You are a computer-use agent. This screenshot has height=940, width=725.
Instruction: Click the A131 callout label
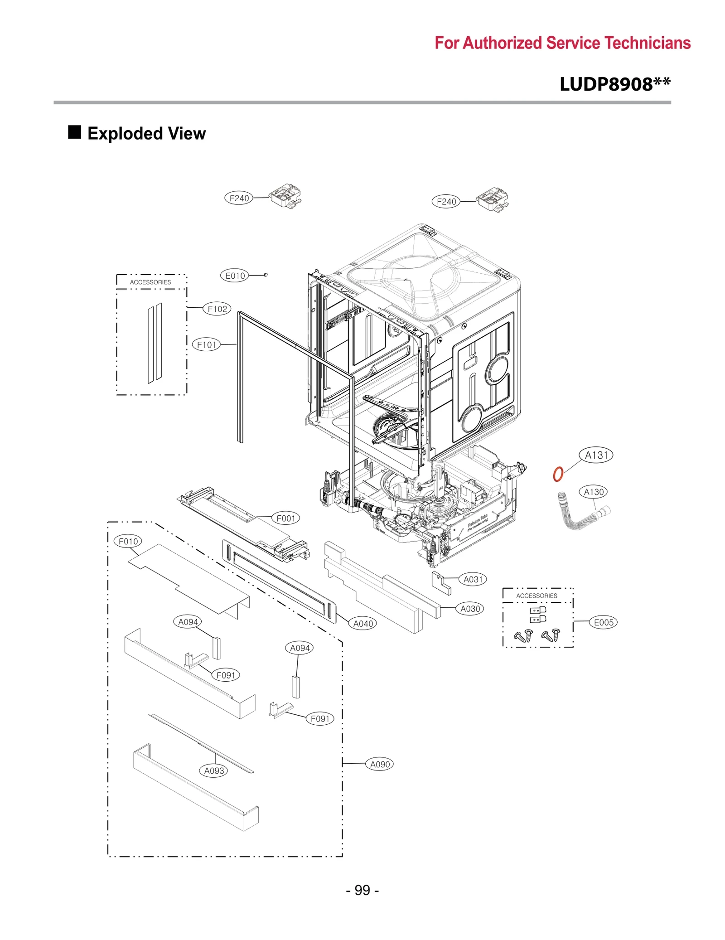(x=596, y=455)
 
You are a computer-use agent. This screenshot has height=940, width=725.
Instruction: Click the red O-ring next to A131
(x=558, y=474)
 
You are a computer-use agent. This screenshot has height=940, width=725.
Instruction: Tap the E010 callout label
(x=235, y=276)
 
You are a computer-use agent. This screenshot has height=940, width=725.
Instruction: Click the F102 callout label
(x=217, y=309)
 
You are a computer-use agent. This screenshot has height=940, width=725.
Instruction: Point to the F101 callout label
(x=206, y=345)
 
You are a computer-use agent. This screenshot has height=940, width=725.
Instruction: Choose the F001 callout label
(x=285, y=518)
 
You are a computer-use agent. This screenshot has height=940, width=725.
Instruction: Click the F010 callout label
(x=128, y=541)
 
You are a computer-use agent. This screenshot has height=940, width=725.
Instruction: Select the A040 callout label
(x=363, y=624)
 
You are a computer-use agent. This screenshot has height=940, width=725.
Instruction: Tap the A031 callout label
(x=473, y=579)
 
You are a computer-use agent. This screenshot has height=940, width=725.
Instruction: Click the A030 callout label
(x=470, y=609)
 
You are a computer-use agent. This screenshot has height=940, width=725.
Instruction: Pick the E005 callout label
(x=604, y=622)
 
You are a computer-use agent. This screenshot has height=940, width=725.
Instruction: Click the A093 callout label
(x=214, y=770)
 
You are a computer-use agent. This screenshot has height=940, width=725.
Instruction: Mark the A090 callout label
(x=380, y=764)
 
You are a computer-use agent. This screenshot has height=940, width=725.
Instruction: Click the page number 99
(x=362, y=890)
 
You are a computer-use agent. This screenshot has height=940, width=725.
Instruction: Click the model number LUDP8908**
(x=615, y=84)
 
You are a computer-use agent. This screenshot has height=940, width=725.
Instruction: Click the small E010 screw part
(x=266, y=275)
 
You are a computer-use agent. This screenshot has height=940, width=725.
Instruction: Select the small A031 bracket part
(x=441, y=582)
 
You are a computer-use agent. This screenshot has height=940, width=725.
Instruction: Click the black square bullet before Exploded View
(x=74, y=132)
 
